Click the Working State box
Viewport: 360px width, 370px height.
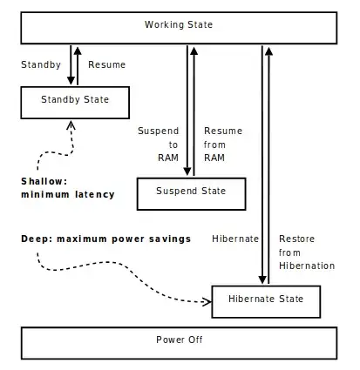tap(179, 26)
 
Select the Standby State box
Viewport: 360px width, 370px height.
tap(75, 100)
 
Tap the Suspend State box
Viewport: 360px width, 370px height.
tap(190, 192)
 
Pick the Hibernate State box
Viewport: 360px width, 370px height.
tap(266, 299)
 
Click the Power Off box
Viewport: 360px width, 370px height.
tap(179, 340)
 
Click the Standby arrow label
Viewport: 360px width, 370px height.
tap(39, 64)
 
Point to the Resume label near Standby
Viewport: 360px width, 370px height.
tap(106, 64)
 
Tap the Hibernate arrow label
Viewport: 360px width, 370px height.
tap(234, 239)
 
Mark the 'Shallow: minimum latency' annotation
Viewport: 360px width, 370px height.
tap(67, 188)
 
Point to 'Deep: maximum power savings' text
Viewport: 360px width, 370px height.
tap(105, 239)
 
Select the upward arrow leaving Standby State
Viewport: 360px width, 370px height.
tap(79, 64)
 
